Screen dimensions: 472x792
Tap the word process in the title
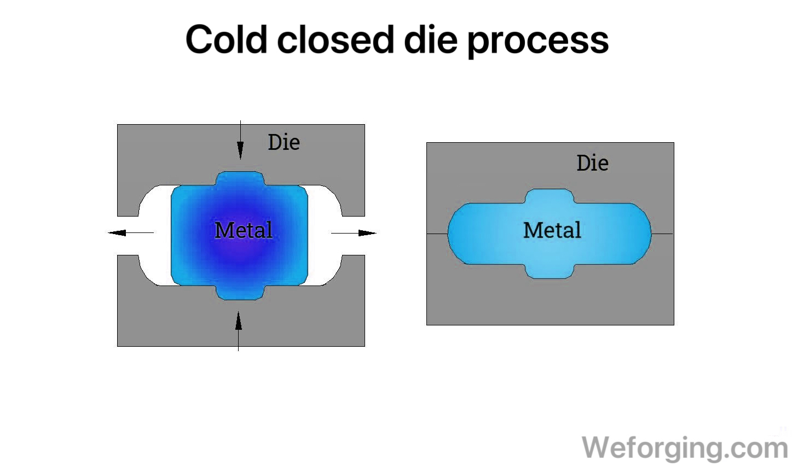[x=537, y=42]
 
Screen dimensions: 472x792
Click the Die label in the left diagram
[x=284, y=142]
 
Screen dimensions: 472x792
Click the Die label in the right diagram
[x=592, y=163]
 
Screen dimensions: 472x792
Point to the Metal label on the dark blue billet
[x=243, y=230]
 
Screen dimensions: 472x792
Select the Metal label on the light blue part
[x=552, y=230]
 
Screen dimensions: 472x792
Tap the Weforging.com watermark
[x=684, y=447]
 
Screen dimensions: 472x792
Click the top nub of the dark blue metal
[x=240, y=178]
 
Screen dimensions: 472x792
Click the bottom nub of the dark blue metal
[x=240, y=293]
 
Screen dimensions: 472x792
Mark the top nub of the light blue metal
[x=550, y=196]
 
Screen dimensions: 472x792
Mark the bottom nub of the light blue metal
[x=550, y=271]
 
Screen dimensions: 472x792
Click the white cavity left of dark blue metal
[x=155, y=235]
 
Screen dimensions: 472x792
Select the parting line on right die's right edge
[x=662, y=234]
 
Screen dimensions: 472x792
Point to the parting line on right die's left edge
[x=437, y=234]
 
